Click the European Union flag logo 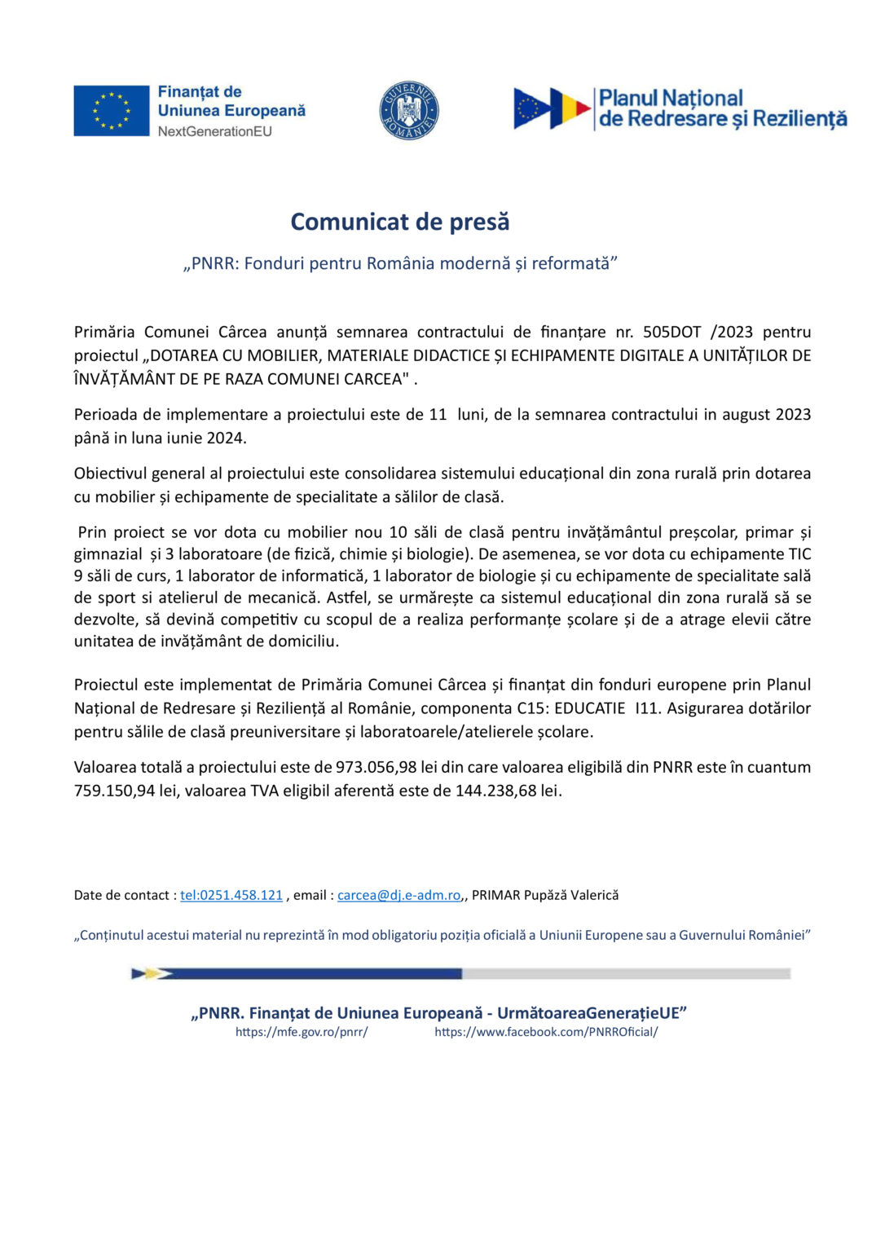click(x=112, y=111)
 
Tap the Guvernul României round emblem click(x=409, y=111)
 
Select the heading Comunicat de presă click(x=400, y=222)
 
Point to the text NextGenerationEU click(x=215, y=131)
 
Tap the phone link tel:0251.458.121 click(x=231, y=895)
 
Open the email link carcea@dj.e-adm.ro click(x=399, y=895)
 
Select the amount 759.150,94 click(x=115, y=791)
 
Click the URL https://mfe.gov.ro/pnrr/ click(x=302, y=1032)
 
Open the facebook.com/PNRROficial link click(x=546, y=1032)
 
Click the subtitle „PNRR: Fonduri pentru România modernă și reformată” click(x=400, y=263)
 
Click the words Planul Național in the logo click(x=671, y=99)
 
